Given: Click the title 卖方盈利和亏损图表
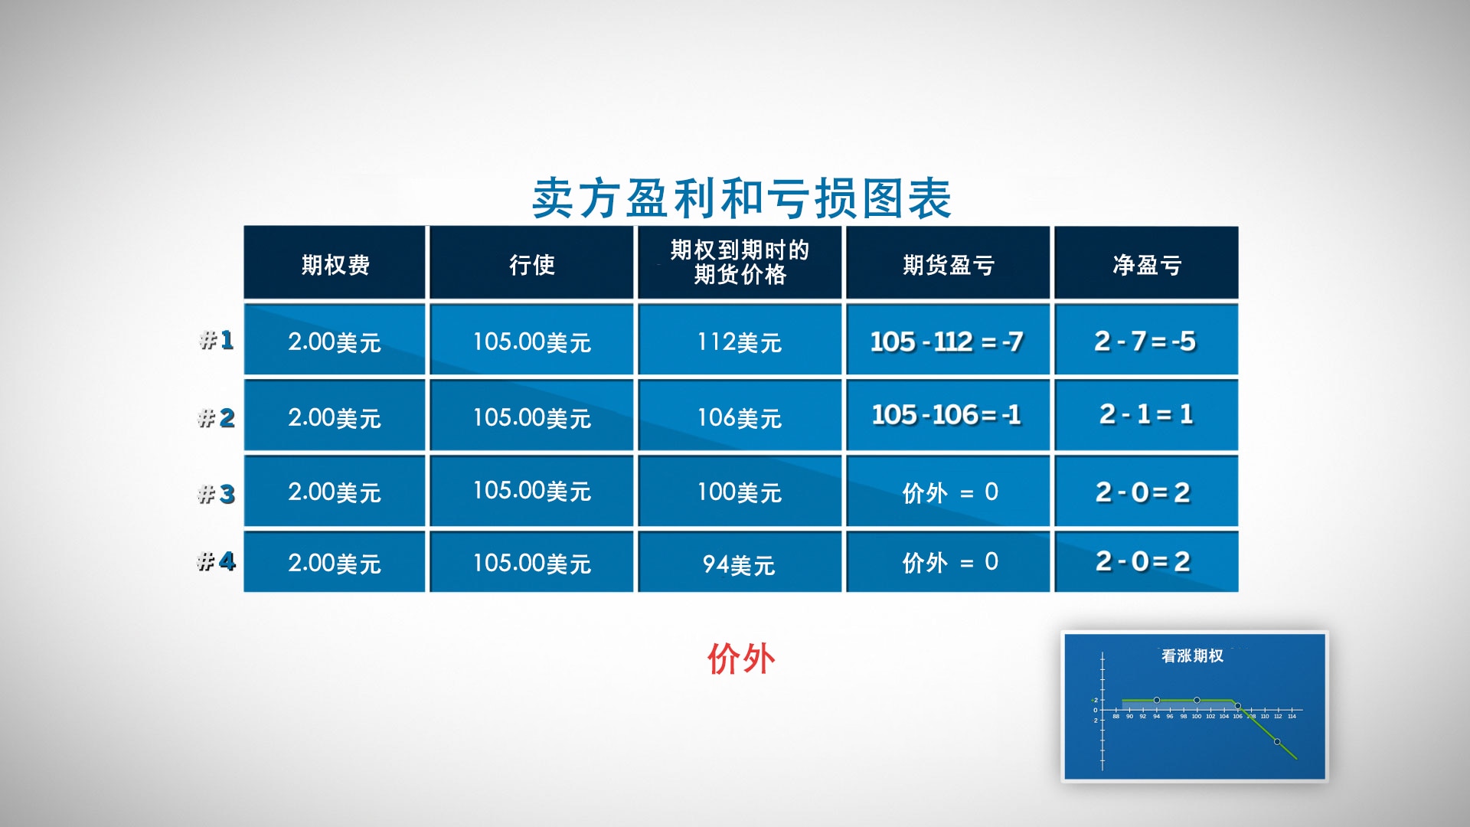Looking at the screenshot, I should click(741, 198).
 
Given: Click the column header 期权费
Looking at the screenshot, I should click(335, 264).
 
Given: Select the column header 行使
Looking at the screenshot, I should click(531, 264).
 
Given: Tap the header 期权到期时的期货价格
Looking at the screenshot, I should click(740, 262).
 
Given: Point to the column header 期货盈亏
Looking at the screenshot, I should click(948, 264).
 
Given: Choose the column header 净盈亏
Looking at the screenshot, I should click(1146, 264).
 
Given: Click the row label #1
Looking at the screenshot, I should click(217, 339).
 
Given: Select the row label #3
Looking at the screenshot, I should click(217, 494).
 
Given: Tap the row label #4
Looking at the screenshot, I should click(217, 562).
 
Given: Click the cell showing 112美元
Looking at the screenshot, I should click(740, 341).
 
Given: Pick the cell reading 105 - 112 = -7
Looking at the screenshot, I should click(947, 341).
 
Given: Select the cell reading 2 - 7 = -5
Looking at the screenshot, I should click(1145, 341).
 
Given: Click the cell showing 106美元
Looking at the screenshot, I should click(740, 417).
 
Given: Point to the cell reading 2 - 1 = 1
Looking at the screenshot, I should click(1145, 414).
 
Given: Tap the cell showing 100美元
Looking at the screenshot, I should click(740, 492).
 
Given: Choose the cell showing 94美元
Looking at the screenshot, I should click(740, 564).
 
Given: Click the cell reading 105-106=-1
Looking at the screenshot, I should click(947, 414).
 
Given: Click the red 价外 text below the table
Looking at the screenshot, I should click(740, 659).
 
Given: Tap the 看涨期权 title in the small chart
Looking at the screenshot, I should click(1192, 655).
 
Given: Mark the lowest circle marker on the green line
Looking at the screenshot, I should click(1277, 741).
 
